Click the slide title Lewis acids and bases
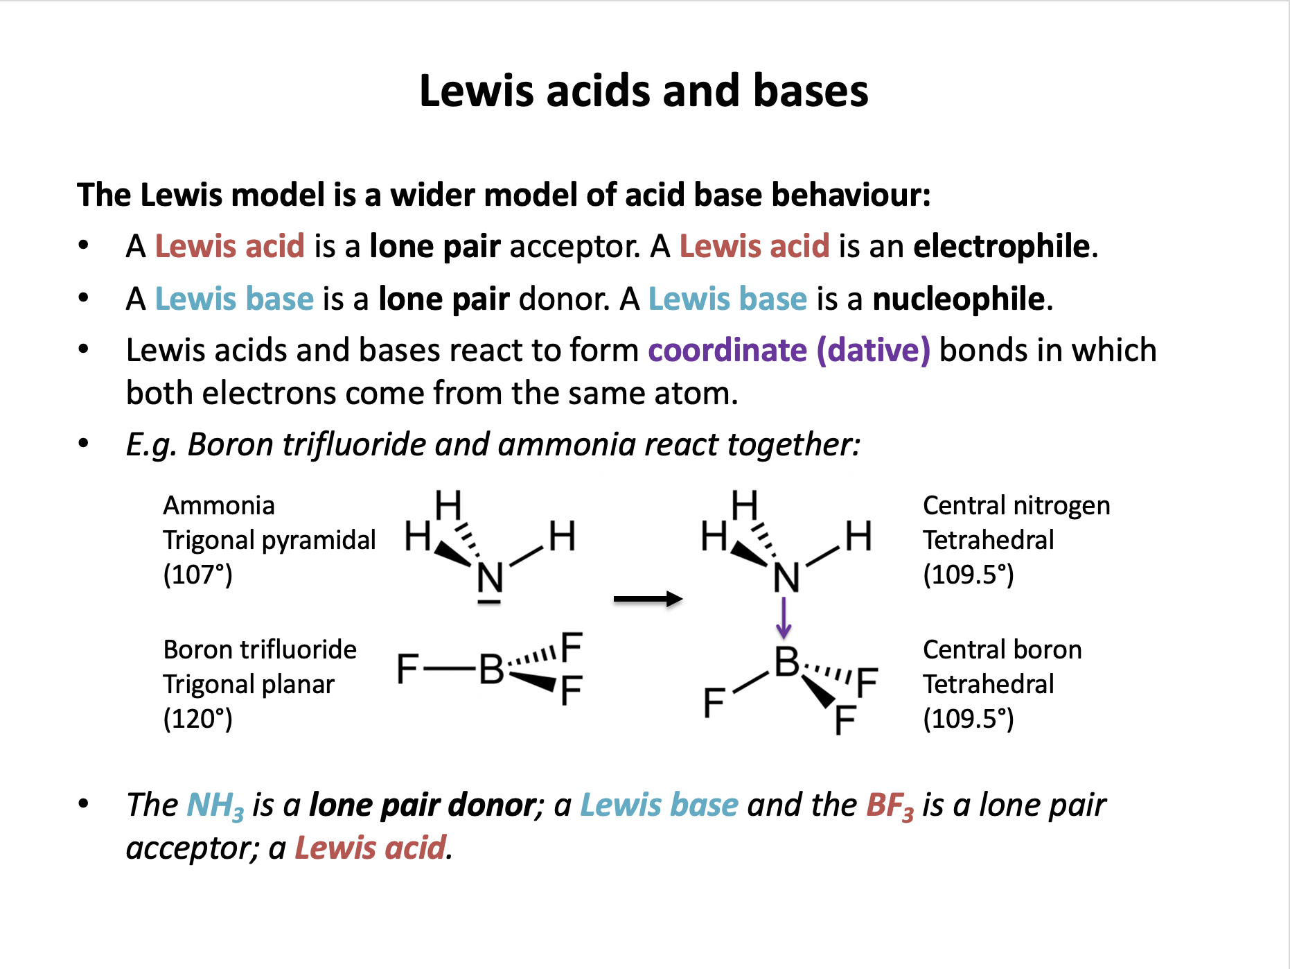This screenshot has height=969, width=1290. coord(644,91)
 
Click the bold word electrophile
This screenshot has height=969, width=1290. coord(1001,246)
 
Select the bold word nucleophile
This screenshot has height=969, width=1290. coord(958,299)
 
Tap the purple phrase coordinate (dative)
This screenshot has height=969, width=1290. coord(788,350)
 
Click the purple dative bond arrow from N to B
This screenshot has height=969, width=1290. coord(784,618)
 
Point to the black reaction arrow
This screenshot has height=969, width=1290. coord(648,599)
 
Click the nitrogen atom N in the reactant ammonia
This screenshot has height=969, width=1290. coord(491,577)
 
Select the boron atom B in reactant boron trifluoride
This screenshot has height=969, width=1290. coord(492,669)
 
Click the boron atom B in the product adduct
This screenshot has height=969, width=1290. coord(787,662)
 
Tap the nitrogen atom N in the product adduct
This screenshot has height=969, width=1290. coord(786,577)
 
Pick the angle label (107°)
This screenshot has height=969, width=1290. coord(197,575)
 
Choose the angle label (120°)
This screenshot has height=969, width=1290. coord(197,718)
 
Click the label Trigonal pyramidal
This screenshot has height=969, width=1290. coord(269,540)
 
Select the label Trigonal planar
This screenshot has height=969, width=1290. coord(249,684)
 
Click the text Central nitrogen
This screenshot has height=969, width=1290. coord(1016,505)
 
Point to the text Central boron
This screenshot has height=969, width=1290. coord(1002,649)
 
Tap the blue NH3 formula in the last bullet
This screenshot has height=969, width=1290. coord(215,806)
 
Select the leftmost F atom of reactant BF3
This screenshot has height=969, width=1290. coord(407,669)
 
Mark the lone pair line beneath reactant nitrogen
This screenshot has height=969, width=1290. coord(489,602)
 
